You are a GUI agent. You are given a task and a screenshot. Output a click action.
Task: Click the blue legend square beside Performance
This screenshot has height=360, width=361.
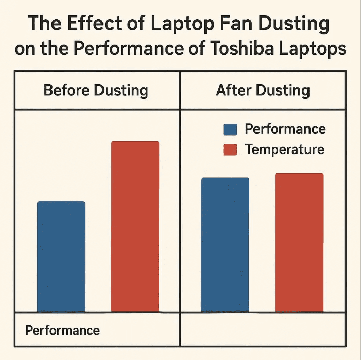pos(230,129)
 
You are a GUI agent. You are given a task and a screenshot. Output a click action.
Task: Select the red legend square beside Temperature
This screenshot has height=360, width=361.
pos(230,150)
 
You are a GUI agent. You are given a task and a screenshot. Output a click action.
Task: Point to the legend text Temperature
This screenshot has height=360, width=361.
pos(284,150)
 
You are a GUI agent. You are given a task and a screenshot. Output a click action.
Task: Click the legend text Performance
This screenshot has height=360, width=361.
pos(285,129)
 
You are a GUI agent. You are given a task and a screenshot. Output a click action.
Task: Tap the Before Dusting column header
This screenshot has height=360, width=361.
pos(96,91)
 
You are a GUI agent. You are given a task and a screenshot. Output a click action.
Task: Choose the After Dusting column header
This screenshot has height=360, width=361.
pos(263,91)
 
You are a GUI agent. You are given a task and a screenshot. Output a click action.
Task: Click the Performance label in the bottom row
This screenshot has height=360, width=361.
pos(63,330)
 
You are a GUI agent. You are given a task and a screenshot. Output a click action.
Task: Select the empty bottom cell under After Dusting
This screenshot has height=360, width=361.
pos(263,330)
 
